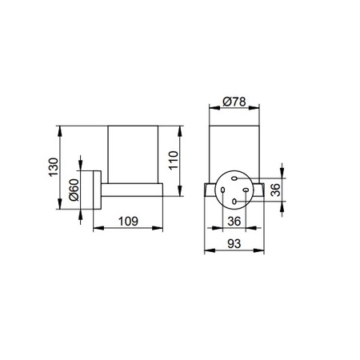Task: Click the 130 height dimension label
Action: pos(54,166)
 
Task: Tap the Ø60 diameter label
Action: pos(74,190)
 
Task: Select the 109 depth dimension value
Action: pos(128,221)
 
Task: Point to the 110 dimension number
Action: pos(174,160)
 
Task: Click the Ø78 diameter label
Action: pos(234,102)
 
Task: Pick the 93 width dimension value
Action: pos(234,243)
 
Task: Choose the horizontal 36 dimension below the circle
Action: pos(234,221)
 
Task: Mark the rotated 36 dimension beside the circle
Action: pos(275,190)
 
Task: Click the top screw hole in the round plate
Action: pos(234,178)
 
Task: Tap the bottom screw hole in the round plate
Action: pos(234,202)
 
